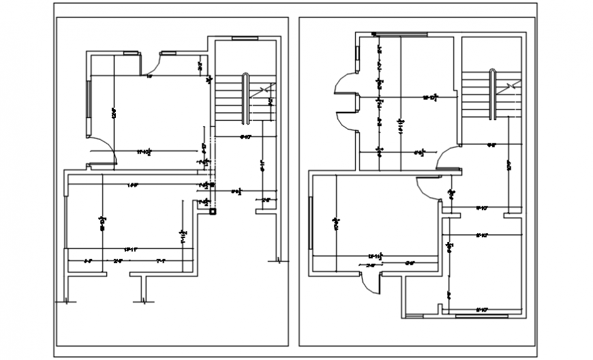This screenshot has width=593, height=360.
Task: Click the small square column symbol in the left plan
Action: click(x=213, y=212)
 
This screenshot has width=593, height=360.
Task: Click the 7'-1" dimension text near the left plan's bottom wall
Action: click(x=161, y=260)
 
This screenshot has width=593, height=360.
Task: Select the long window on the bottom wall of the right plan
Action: click(x=481, y=316)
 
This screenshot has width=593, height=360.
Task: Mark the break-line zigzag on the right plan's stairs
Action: click(x=513, y=87)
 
